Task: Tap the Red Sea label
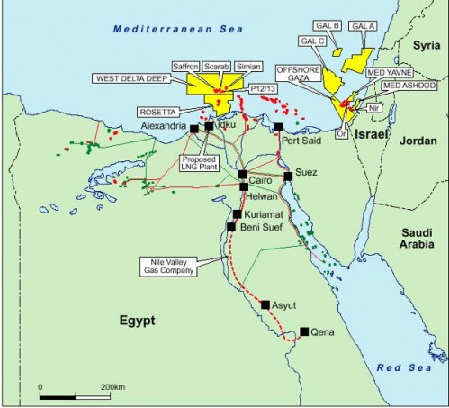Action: pyautogui.click(x=402, y=369)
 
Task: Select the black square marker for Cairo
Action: pyautogui.click(x=242, y=175)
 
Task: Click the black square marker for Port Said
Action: pyautogui.click(x=279, y=128)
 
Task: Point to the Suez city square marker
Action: pyautogui.click(x=288, y=177)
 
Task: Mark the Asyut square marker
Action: pyautogui.click(x=265, y=305)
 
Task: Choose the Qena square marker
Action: pyautogui.click(x=305, y=331)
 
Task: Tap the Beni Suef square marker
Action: pyautogui.click(x=231, y=227)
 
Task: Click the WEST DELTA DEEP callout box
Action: pyautogui.click(x=134, y=78)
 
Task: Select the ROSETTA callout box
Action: pyautogui.click(x=157, y=112)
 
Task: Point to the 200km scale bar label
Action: pyautogui.click(x=113, y=385)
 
